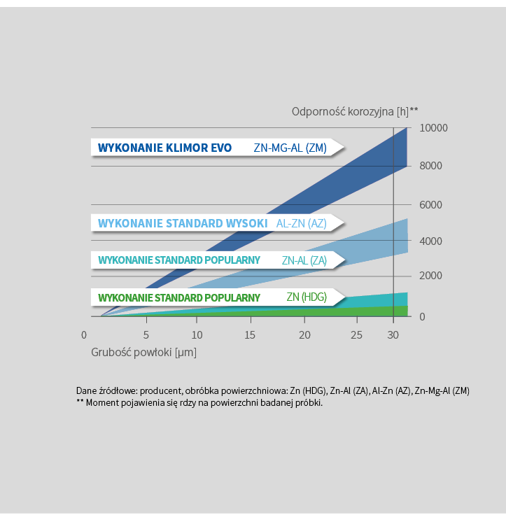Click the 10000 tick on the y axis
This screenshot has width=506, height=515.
433,128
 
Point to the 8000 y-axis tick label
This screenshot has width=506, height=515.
433,166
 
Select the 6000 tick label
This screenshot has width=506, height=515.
433,204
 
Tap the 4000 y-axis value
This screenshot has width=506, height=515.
433,241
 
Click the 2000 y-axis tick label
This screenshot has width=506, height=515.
433,276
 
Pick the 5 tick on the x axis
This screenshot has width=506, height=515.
146,335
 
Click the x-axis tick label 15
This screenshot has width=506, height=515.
250,335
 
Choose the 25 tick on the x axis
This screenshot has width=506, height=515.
356,335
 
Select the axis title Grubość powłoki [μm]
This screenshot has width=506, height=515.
143,352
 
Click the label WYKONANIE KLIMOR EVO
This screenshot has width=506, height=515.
164,148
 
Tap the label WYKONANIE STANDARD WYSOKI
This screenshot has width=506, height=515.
183,223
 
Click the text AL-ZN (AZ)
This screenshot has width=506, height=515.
301,223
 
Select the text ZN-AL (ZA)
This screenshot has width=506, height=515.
304,260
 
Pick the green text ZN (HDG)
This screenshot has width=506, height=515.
307,297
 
